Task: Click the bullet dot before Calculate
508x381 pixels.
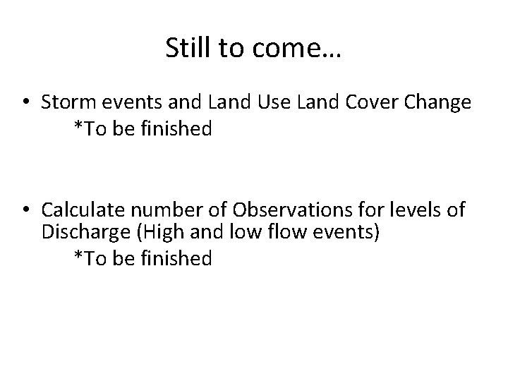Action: click(x=25, y=211)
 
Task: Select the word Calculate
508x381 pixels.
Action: click(x=78, y=210)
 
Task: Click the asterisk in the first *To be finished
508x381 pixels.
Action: click(x=78, y=128)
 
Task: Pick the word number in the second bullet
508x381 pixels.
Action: click(x=151, y=210)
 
